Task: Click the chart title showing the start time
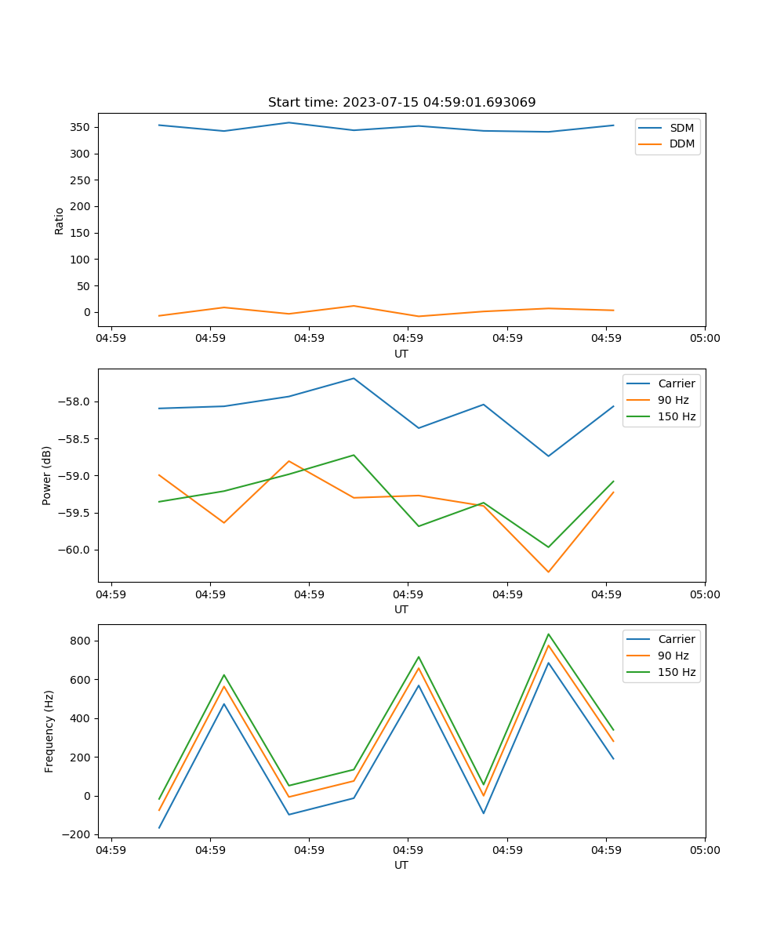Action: pos(401,103)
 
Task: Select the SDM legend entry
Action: pos(681,127)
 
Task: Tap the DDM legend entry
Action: pos(681,144)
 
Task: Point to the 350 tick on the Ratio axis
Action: pos(82,127)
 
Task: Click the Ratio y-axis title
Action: pos(60,221)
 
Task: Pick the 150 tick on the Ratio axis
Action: pos(82,233)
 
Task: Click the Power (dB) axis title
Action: pos(47,475)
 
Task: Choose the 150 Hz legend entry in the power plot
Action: pos(677,416)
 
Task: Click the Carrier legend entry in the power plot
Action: pos(677,383)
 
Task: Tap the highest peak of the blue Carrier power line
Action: pos(354,379)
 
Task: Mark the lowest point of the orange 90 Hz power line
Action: pos(548,572)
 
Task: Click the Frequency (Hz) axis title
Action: pos(49,731)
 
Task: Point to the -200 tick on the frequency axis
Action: pos(79,834)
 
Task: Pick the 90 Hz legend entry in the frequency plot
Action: pos(673,656)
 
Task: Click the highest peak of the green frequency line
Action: pos(548,634)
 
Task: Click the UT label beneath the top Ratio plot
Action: pos(401,354)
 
